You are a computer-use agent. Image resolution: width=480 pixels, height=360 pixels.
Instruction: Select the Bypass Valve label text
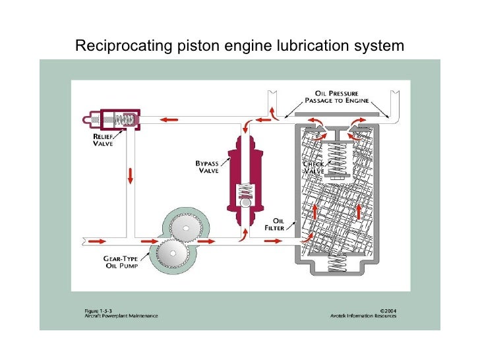(209, 165)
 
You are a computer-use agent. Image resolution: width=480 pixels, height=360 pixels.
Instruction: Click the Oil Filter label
(274, 224)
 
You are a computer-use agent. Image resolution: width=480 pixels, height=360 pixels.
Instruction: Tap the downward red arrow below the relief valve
(130, 175)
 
